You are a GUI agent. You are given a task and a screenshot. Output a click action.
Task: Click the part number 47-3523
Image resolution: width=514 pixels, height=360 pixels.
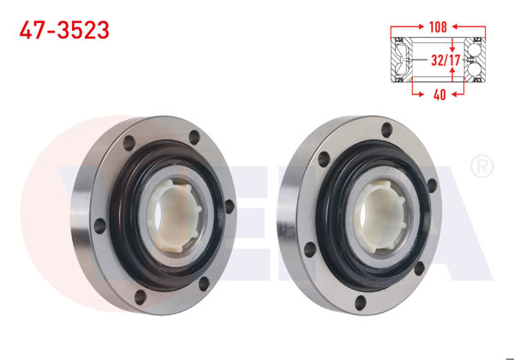coord(65,30)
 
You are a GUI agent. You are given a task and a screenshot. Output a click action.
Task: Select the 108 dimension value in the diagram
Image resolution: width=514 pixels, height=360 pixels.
coord(439,26)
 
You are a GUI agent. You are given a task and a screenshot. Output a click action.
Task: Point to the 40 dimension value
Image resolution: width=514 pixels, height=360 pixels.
coord(439,95)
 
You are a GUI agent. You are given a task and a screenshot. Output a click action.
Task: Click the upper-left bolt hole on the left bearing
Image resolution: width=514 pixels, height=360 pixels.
coord(129,144)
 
